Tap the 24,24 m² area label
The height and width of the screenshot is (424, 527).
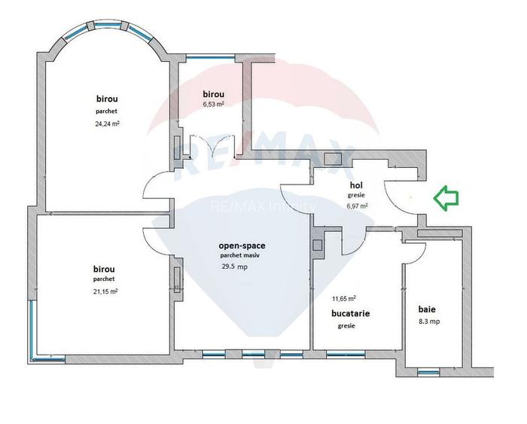coord(106,124)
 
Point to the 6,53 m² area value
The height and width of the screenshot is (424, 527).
coord(213,105)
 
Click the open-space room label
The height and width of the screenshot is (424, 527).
coord(242,246)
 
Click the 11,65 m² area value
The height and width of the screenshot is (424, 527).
coord(345,298)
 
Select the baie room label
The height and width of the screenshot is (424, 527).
coord(427,309)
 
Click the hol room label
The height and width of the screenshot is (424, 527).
coord(356,185)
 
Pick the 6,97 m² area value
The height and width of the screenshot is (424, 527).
coord(356,205)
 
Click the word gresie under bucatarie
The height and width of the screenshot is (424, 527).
coord(346,326)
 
